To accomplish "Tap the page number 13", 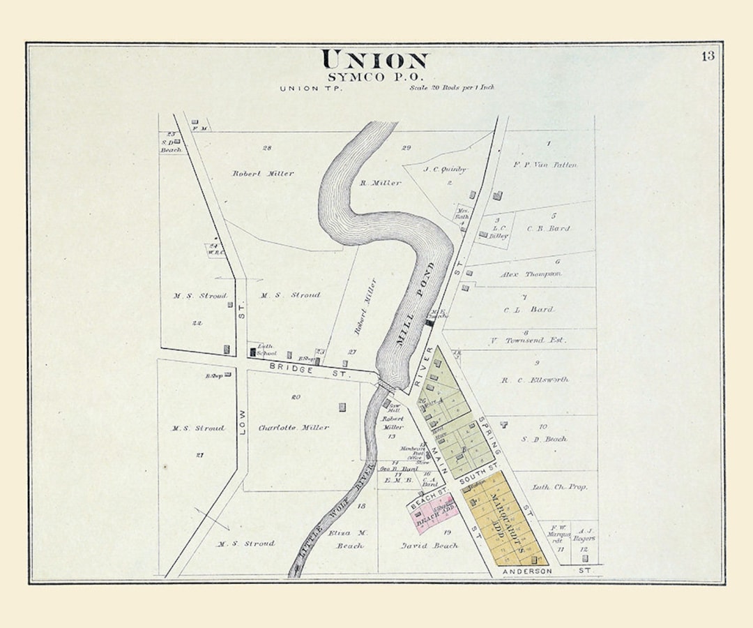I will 708,57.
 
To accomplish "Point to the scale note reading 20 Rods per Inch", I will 452,88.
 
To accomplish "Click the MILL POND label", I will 416,305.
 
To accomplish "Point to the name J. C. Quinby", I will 444,169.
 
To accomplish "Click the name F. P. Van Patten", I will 545,165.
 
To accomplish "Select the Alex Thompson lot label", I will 531,274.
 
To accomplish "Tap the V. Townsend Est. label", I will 527,341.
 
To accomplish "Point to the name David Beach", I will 429,545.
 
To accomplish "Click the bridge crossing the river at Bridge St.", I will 384,384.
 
